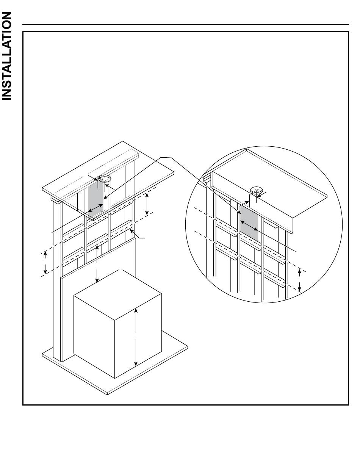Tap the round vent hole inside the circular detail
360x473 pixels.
click(257, 190)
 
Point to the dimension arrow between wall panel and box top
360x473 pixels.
click(97, 264)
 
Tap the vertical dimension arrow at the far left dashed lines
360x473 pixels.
click(45, 262)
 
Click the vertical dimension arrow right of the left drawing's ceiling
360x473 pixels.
click(147, 204)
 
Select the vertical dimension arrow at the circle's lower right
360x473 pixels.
click(299, 281)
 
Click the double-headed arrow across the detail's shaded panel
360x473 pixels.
click(249, 225)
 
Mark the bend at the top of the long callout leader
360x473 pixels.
click(171, 157)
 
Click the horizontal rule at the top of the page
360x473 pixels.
click(186, 25)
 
